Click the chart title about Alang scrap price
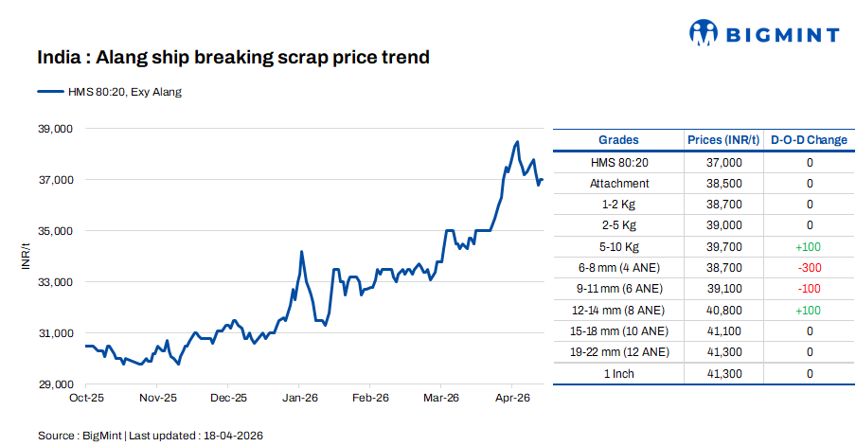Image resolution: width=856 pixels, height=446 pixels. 233,58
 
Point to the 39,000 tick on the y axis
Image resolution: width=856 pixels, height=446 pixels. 55,129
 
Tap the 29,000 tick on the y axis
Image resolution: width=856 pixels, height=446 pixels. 55,384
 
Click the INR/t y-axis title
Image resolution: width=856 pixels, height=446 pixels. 27,256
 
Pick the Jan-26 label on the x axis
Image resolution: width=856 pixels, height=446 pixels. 299,399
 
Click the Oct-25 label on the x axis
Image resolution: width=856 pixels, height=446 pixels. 86,399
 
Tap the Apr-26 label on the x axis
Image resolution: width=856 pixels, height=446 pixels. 512,399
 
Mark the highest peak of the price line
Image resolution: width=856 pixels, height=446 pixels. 517,142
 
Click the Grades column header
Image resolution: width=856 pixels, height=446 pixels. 618,140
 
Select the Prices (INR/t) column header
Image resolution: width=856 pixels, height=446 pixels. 723,140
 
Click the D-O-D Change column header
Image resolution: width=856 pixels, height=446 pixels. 809,140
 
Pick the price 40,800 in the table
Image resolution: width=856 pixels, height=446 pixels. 723,310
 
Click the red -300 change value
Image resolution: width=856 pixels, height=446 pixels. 809,268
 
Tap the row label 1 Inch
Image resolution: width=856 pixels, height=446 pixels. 618,374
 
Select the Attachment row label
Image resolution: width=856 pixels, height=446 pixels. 618,184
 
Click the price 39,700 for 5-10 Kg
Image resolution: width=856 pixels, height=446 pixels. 723,247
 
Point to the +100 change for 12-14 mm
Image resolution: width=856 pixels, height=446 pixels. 809,310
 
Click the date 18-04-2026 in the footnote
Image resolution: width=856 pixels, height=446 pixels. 232,436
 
